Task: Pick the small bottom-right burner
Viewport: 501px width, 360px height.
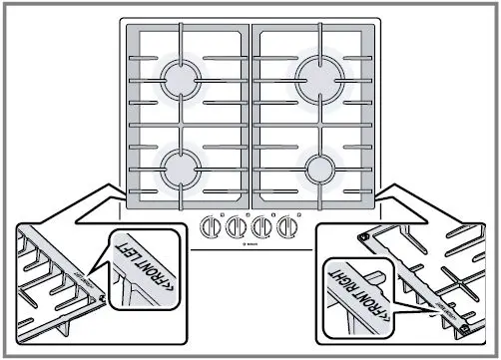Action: pos(321,167)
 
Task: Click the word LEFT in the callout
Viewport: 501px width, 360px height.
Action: pos(153,252)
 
